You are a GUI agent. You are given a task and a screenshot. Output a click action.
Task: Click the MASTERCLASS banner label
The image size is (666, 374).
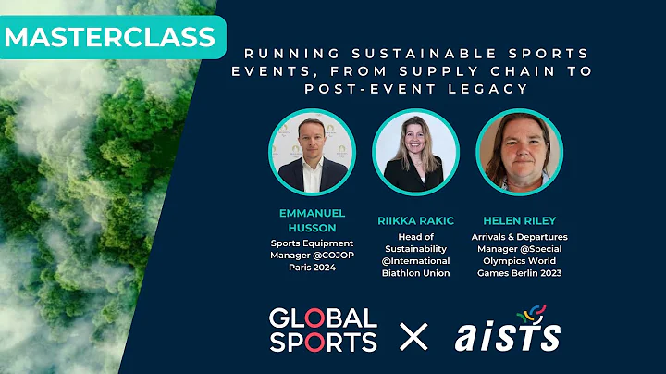point(110,38)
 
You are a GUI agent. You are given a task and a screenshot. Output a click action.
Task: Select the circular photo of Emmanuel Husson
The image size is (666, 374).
point(312,153)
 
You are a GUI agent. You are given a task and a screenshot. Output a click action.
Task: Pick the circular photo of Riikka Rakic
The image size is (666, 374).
point(415,153)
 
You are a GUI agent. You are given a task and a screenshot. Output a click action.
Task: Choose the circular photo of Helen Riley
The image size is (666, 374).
point(519,153)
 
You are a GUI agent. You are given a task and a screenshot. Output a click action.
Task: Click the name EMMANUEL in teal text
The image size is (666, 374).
point(312,212)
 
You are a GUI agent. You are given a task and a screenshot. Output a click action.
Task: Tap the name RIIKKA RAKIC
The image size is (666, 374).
point(415,222)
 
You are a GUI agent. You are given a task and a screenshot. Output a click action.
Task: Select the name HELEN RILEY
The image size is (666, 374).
point(519,222)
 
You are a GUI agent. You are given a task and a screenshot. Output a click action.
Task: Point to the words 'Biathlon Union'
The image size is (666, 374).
point(415,273)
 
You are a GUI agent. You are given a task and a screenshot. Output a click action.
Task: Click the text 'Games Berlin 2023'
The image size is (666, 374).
point(519,274)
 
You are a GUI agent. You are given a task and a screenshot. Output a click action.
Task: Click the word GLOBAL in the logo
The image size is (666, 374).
point(323,318)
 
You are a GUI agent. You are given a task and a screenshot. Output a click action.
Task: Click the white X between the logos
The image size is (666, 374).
point(413,330)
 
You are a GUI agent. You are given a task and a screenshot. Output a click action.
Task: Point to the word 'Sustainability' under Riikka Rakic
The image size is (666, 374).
point(415,248)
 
